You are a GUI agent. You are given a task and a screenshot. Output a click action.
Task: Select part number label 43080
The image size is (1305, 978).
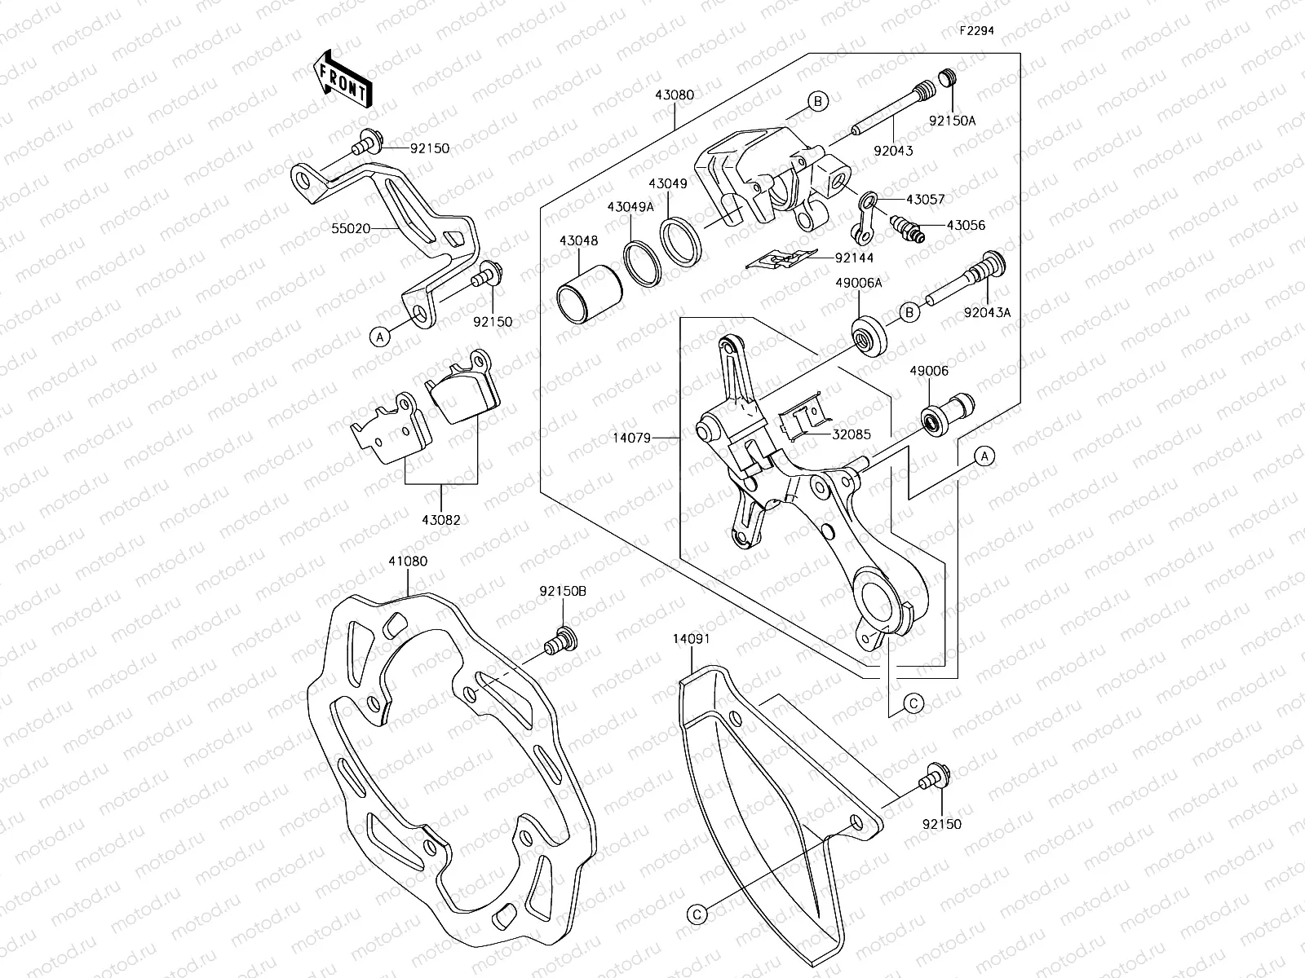[674, 95]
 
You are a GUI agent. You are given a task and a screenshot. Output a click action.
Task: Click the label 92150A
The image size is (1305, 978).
[953, 121]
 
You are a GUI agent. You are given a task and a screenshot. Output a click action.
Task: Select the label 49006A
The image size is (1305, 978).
[860, 282]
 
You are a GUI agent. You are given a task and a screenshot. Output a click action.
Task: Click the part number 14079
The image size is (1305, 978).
[631, 438]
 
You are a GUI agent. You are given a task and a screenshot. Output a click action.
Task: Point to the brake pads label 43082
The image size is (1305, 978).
[441, 520]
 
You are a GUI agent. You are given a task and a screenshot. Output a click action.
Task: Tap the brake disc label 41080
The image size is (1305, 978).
[408, 561]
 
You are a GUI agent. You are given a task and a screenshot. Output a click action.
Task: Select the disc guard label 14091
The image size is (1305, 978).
[691, 639]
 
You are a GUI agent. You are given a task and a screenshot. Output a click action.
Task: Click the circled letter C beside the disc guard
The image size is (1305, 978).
[697, 915]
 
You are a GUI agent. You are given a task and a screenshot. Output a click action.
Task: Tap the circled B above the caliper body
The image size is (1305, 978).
[818, 101]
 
